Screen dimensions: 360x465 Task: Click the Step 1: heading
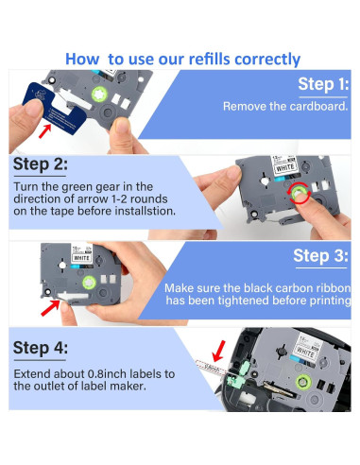(323, 84)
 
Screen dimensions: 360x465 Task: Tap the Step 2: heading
(41, 164)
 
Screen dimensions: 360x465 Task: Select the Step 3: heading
(320, 255)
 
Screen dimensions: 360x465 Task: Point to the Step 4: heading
(41, 348)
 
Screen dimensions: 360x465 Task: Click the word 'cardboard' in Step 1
(317, 106)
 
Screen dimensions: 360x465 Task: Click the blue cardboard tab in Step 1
(54, 108)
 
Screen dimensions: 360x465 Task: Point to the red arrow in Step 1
(44, 131)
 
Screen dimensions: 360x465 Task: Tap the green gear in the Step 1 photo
(99, 94)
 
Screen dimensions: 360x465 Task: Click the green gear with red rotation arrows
(299, 193)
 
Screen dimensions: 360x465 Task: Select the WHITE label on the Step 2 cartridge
(284, 168)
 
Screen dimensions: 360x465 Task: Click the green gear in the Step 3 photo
(89, 283)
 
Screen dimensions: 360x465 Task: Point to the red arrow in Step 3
(50, 308)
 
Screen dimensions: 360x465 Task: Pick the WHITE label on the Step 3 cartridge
(81, 258)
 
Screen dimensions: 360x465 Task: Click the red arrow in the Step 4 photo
(219, 351)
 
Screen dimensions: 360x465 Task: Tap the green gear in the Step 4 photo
(303, 382)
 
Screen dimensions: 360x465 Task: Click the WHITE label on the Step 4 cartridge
(305, 352)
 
